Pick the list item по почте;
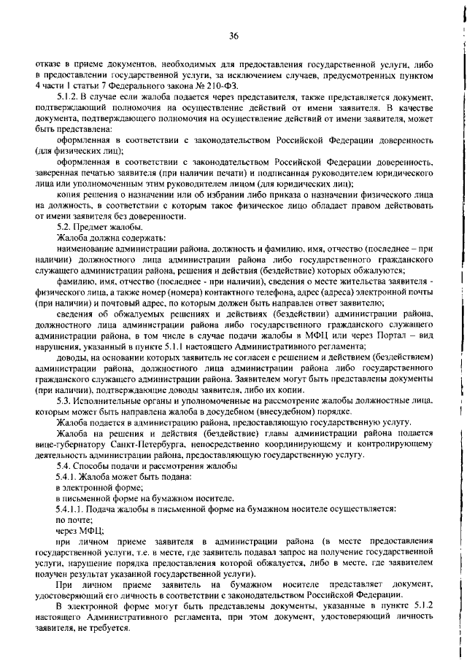pyautogui.click(x=70, y=519)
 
